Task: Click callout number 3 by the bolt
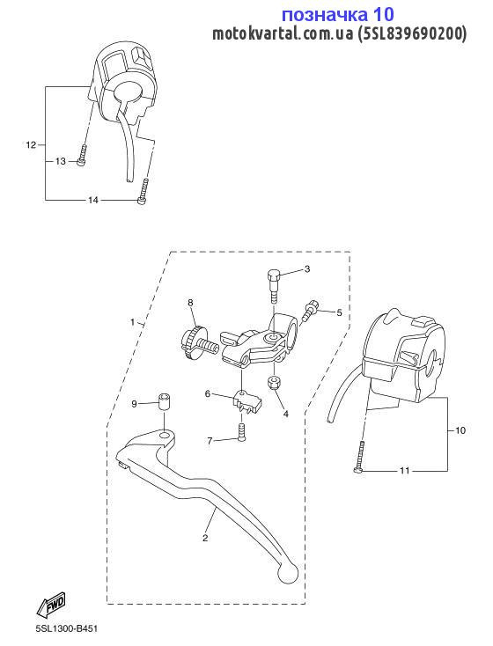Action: tap(306, 269)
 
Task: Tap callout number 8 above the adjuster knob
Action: tap(190, 303)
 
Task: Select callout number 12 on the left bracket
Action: tap(32, 145)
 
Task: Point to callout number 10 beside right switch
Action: tap(460, 430)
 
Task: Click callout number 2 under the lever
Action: tap(205, 538)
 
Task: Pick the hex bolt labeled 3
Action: tap(274, 285)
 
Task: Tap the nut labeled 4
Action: tap(274, 383)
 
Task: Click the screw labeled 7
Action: tap(242, 433)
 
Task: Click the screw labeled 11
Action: tap(359, 458)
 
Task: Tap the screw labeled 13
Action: tap(82, 155)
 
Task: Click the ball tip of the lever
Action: tap(287, 572)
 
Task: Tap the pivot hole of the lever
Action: tap(166, 436)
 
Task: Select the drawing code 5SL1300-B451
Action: tap(67, 629)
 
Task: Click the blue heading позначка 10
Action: tap(338, 14)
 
